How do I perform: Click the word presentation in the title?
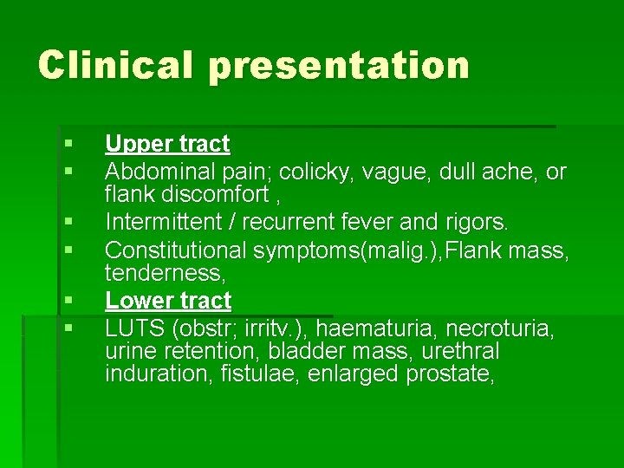(x=339, y=67)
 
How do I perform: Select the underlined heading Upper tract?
(x=167, y=144)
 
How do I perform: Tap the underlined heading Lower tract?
(x=168, y=301)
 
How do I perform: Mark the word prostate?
(x=458, y=374)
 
